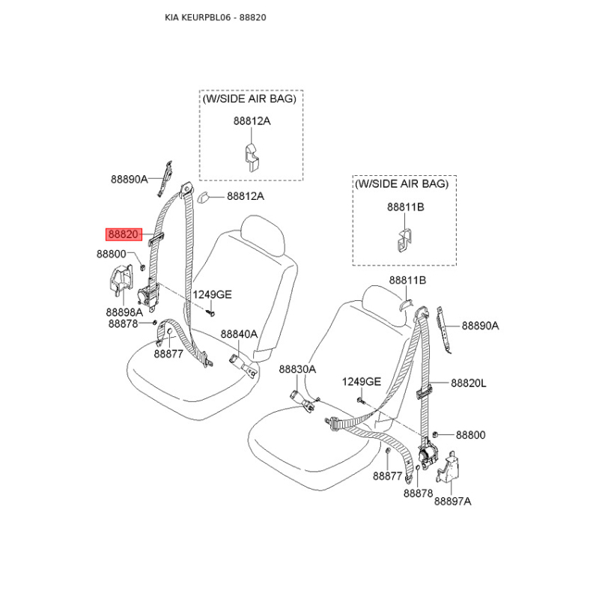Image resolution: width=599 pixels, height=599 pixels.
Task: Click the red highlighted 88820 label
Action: click(124, 234)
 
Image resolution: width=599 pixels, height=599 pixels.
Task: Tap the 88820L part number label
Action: click(469, 383)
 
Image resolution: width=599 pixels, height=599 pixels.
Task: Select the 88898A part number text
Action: click(124, 312)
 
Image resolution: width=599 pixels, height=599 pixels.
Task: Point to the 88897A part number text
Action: click(453, 501)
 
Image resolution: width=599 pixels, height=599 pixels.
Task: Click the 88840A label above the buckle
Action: click(239, 334)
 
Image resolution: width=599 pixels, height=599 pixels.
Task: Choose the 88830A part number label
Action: click(297, 369)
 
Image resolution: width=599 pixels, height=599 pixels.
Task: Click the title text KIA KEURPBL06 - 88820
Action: click(216, 17)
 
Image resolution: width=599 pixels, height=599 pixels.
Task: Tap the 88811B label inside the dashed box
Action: click(406, 207)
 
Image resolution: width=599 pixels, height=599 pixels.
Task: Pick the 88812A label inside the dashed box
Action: click(252, 121)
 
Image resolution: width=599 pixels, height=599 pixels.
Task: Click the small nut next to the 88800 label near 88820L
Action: click(435, 434)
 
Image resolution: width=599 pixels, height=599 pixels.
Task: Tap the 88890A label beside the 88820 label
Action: click(129, 179)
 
